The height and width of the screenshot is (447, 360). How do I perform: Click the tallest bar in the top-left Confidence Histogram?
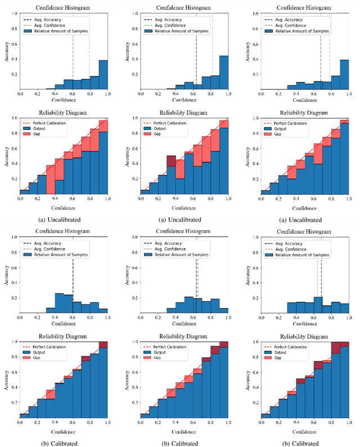(x=103, y=74)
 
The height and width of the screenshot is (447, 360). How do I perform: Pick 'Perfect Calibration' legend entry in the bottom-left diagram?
(x=51, y=347)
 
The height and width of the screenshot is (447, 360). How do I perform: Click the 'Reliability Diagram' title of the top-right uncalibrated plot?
(x=304, y=113)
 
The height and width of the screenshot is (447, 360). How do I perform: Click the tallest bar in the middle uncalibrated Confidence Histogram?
(x=223, y=72)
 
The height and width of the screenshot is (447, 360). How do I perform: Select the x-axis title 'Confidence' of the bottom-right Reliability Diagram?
(x=304, y=431)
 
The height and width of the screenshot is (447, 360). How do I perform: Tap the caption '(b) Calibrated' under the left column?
(x=63, y=442)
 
